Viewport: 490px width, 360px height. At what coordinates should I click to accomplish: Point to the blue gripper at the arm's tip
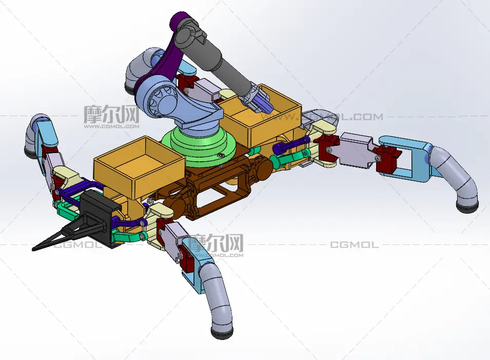coord(262,103)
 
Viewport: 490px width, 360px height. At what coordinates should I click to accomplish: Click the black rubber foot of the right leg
coord(467,207)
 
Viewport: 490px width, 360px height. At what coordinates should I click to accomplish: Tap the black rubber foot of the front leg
coord(222,333)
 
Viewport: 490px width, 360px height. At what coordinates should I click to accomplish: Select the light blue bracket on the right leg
coord(406,158)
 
